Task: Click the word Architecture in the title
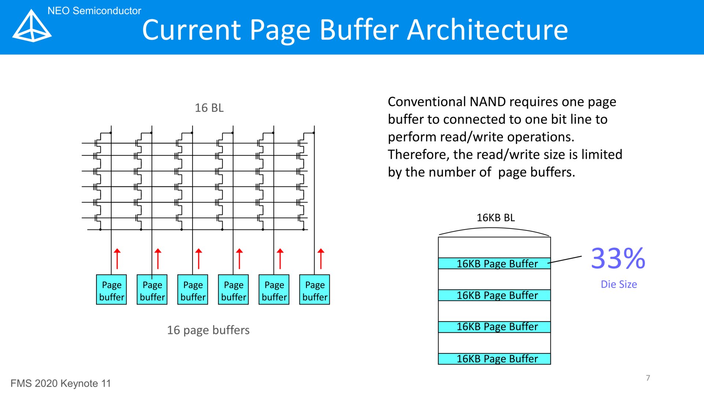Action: (x=488, y=30)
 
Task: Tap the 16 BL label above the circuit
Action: (x=209, y=108)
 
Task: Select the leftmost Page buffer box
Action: (x=111, y=290)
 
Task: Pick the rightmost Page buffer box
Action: (x=315, y=290)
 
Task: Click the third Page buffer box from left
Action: (x=193, y=290)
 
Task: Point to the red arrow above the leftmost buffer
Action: (x=117, y=259)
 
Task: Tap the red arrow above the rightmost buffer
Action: (x=321, y=259)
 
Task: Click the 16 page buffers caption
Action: (x=208, y=330)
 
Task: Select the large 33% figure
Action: (x=618, y=258)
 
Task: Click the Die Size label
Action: (x=619, y=284)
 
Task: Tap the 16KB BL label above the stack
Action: (x=496, y=217)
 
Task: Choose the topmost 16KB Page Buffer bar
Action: (x=494, y=263)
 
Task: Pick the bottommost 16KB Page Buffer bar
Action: (x=494, y=359)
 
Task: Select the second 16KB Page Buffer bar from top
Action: (x=494, y=295)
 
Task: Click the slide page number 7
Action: (x=648, y=378)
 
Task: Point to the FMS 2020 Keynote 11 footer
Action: (x=60, y=384)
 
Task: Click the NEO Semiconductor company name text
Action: (x=94, y=11)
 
